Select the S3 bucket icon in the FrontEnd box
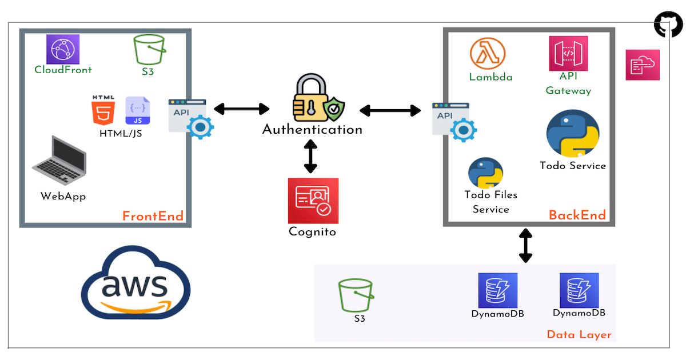click(x=150, y=50)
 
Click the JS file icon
click(x=138, y=110)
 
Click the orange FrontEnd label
click(x=153, y=216)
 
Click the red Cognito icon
click(x=313, y=201)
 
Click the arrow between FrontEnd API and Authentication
click(x=241, y=109)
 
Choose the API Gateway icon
click(x=568, y=53)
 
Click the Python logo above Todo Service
click(x=572, y=134)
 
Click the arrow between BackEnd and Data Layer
click(x=525, y=245)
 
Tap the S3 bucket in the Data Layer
click(x=356, y=295)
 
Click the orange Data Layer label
click(x=579, y=335)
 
